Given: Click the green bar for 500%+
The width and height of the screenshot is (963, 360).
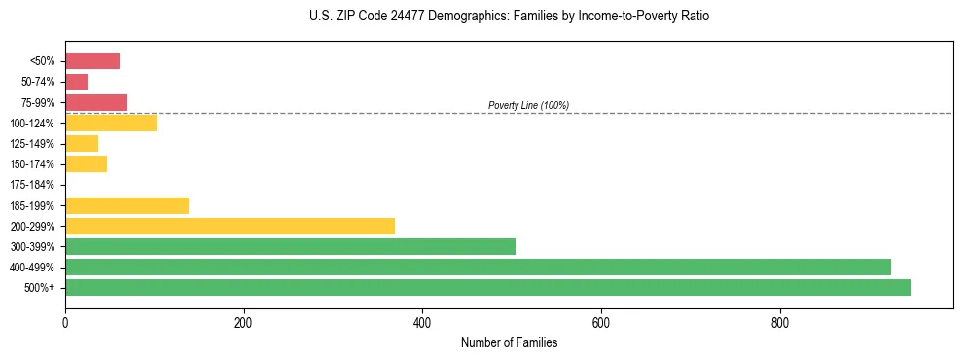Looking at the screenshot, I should (487, 287).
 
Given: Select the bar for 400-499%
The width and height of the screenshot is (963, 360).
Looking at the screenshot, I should (478, 267).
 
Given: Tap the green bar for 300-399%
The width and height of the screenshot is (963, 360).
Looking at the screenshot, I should (290, 246).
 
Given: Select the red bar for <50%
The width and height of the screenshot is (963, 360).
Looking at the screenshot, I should (92, 61).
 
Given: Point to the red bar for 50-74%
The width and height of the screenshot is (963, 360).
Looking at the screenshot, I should (76, 82).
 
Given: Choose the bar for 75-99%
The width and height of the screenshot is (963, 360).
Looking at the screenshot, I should (96, 102).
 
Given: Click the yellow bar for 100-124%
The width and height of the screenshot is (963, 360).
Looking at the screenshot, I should (111, 123).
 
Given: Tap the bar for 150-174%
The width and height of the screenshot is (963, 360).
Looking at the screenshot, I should (86, 163).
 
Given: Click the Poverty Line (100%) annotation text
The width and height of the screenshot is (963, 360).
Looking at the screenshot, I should (528, 105).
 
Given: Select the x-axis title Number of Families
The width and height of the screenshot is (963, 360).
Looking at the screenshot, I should (509, 342).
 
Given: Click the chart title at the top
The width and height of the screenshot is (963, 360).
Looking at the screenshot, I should (510, 17).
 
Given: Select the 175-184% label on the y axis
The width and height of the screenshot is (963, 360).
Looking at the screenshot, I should (32, 185).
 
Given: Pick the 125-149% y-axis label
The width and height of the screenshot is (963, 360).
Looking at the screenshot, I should (32, 144).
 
